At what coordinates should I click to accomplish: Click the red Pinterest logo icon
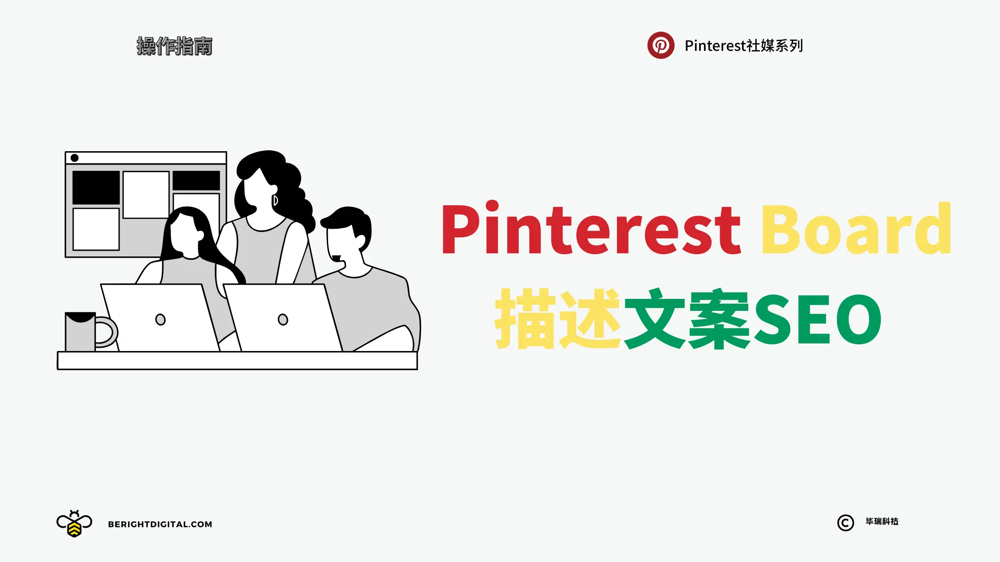click(661, 45)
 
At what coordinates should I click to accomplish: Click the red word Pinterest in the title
click(591, 229)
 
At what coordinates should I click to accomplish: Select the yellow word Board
click(856, 228)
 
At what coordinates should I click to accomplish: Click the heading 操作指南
click(175, 46)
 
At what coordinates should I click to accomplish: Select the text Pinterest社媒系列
click(744, 45)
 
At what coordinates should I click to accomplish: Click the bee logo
click(74, 523)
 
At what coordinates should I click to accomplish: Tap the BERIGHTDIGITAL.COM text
click(160, 524)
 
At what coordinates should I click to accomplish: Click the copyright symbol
click(846, 523)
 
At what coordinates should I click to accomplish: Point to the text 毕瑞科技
click(882, 521)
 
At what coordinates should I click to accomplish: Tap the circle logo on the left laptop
click(160, 319)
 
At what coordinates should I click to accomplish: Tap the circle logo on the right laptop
click(283, 319)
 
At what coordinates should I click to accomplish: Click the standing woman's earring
click(275, 200)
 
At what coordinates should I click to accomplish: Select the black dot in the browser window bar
click(75, 158)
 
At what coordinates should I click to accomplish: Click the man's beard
click(336, 258)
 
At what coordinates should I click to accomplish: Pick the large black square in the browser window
click(96, 187)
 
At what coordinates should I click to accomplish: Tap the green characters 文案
click(687, 318)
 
